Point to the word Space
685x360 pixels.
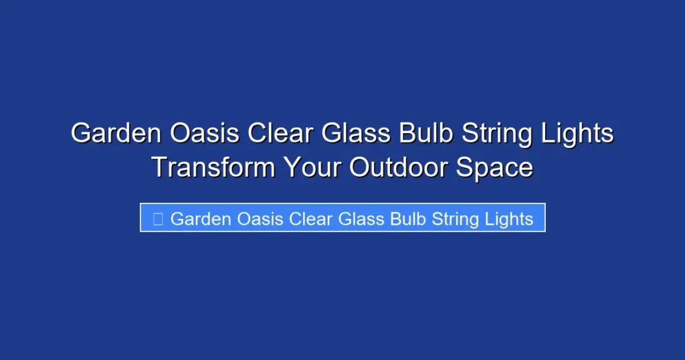click(x=494, y=167)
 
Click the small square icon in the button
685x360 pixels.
click(x=158, y=219)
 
